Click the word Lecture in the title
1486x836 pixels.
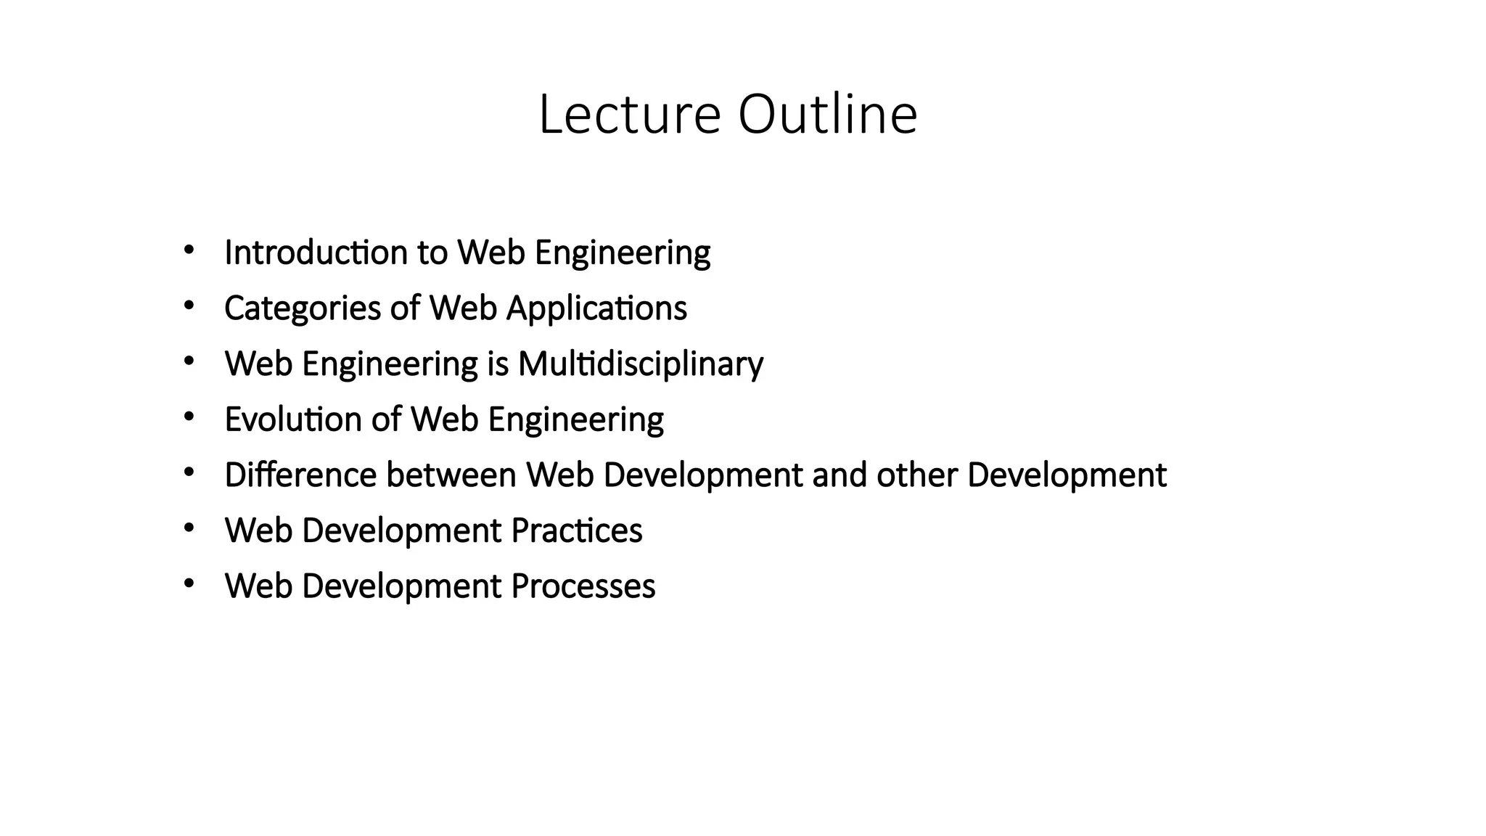(x=630, y=115)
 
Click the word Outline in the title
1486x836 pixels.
(x=828, y=115)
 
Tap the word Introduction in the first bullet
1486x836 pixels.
(x=316, y=253)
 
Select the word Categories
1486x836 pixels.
(x=303, y=308)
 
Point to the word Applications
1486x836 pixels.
(x=596, y=308)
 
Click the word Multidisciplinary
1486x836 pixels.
(x=641, y=364)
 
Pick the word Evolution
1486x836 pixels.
(x=293, y=419)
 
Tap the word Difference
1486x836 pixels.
(x=300, y=475)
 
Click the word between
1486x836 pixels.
(x=451, y=475)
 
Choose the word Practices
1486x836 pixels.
(x=576, y=530)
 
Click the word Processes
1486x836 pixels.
(x=583, y=586)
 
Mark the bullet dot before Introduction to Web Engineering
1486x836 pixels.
(x=189, y=250)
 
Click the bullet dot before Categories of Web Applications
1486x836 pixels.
(x=189, y=306)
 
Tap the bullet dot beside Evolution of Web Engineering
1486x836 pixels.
(x=189, y=417)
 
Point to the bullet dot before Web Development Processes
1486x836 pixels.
(x=189, y=583)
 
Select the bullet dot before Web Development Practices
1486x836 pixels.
(x=189, y=528)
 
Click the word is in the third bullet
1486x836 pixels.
(x=498, y=364)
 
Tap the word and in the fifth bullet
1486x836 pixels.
(x=840, y=475)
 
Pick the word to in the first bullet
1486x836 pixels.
(x=432, y=253)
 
